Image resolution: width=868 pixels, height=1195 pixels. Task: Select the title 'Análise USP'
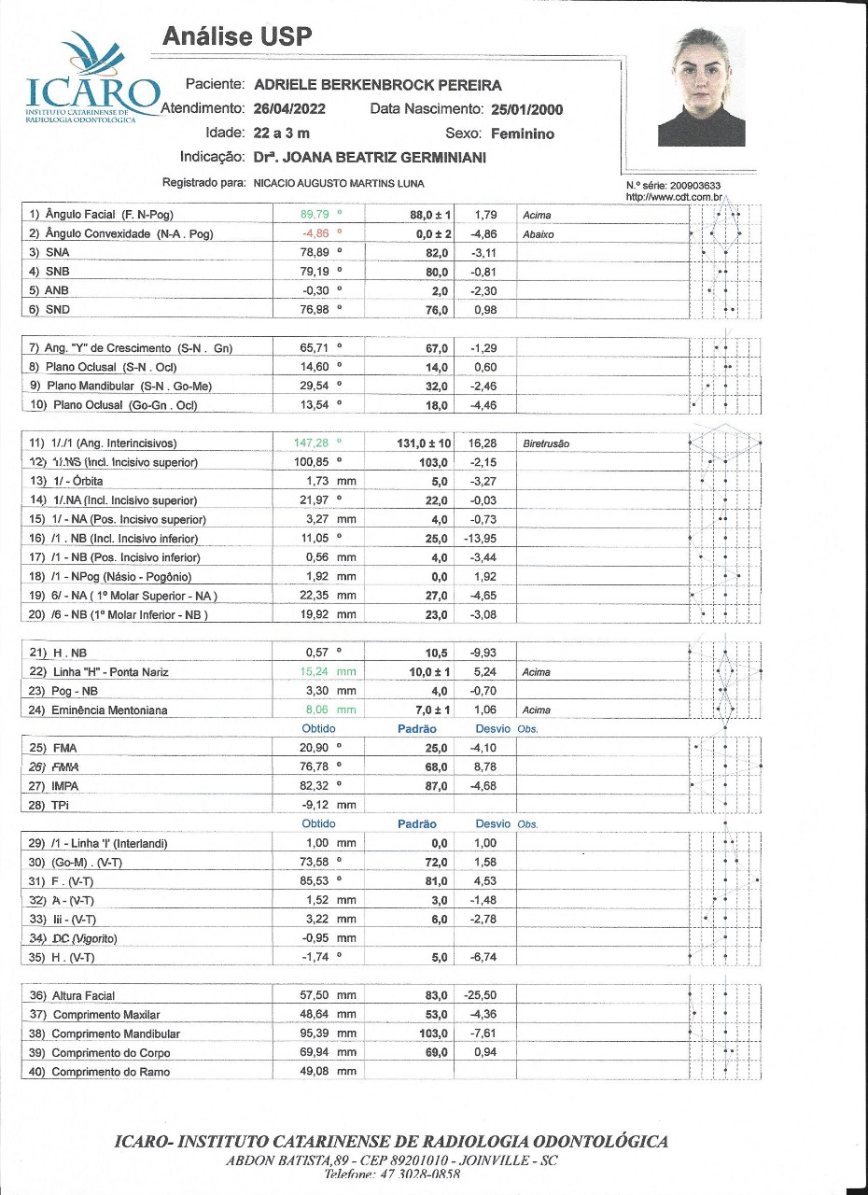point(237,36)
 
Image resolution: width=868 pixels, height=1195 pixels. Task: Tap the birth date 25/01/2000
point(526,109)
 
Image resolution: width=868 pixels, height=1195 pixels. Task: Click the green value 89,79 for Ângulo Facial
point(311,215)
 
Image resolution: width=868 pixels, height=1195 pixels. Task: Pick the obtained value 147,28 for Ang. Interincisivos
point(313,443)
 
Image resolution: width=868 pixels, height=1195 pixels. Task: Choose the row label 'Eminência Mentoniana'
point(110,710)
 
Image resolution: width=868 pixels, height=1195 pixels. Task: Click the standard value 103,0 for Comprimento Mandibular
point(432,1034)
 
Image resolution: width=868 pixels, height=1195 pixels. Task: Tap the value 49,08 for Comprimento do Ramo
point(322,1072)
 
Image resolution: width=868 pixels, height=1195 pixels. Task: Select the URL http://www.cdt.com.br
point(674,197)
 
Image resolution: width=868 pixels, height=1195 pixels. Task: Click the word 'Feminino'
point(523,134)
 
